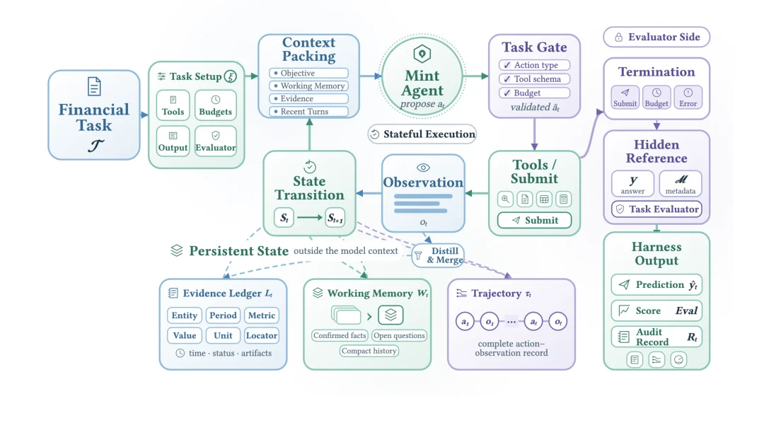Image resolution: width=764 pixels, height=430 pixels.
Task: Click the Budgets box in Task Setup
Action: pyautogui.click(x=215, y=105)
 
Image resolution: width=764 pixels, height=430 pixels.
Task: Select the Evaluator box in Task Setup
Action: pyautogui.click(x=215, y=141)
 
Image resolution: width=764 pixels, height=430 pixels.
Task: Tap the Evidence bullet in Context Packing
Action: pyautogui.click(x=309, y=99)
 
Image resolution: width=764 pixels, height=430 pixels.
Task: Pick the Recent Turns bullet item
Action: pyautogui.click(x=309, y=112)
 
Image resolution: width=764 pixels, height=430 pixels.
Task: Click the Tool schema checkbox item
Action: pyautogui.click(x=535, y=79)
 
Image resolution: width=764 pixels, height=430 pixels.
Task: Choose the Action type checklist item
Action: pyautogui.click(x=535, y=65)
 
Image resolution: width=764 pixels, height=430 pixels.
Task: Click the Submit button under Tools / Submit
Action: pyautogui.click(x=535, y=220)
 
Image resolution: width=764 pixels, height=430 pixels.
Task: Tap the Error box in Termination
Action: pyautogui.click(x=688, y=98)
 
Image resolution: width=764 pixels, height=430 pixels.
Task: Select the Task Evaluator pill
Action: pyautogui.click(x=656, y=209)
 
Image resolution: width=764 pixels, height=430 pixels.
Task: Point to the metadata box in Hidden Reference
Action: pyautogui.click(x=681, y=184)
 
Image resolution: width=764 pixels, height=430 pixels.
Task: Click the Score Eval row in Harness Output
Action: pyautogui.click(x=656, y=310)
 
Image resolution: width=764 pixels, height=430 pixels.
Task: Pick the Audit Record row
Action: pyautogui.click(x=656, y=337)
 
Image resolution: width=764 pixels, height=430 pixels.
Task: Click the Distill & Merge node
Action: pyautogui.click(x=438, y=255)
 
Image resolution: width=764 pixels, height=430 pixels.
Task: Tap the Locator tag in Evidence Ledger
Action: pyautogui.click(x=262, y=335)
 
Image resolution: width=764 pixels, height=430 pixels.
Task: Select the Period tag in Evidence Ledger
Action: pyautogui.click(x=223, y=315)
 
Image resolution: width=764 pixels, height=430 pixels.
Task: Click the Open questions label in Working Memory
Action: pyautogui.click(x=399, y=335)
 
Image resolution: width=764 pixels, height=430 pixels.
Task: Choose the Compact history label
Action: pyautogui.click(x=369, y=351)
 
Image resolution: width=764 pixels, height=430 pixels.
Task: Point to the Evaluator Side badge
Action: pyautogui.click(x=656, y=37)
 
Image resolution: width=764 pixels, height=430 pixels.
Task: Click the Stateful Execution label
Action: pyautogui.click(x=422, y=134)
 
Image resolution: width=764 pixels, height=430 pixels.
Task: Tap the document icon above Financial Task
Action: pyautogui.click(x=94, y=87)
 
